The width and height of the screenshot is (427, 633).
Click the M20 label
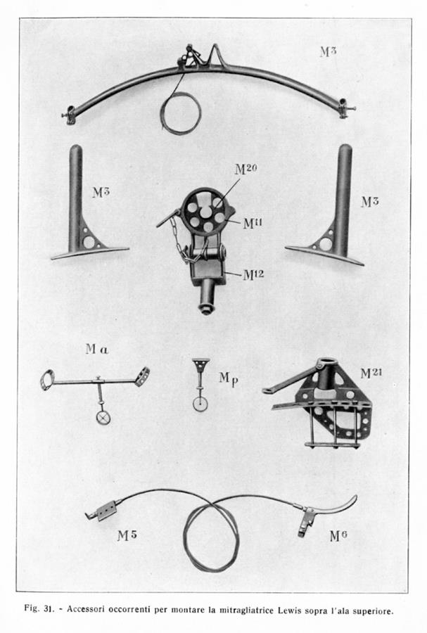tap(246, 169)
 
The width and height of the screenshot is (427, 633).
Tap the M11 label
tap(253, 223)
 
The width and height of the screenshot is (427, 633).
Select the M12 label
tap(253, 275)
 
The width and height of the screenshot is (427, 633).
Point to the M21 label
tap(371, 373)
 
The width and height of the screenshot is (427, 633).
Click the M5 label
tap(127, 536)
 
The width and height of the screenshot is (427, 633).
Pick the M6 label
tap(338, 536)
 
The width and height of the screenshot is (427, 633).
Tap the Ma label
tap(97, 349)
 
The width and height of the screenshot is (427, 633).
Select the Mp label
tap(229, 379)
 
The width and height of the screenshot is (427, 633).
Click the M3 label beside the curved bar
tap(328, 51)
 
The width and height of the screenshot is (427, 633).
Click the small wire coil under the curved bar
tap(181, 113)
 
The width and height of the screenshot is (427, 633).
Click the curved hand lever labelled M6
tap(328, 513)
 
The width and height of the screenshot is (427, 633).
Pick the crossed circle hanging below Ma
tap(103, 417)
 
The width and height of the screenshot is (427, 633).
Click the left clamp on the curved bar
tap(70, 115)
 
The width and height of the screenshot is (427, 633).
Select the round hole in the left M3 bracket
tap(89, 242)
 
